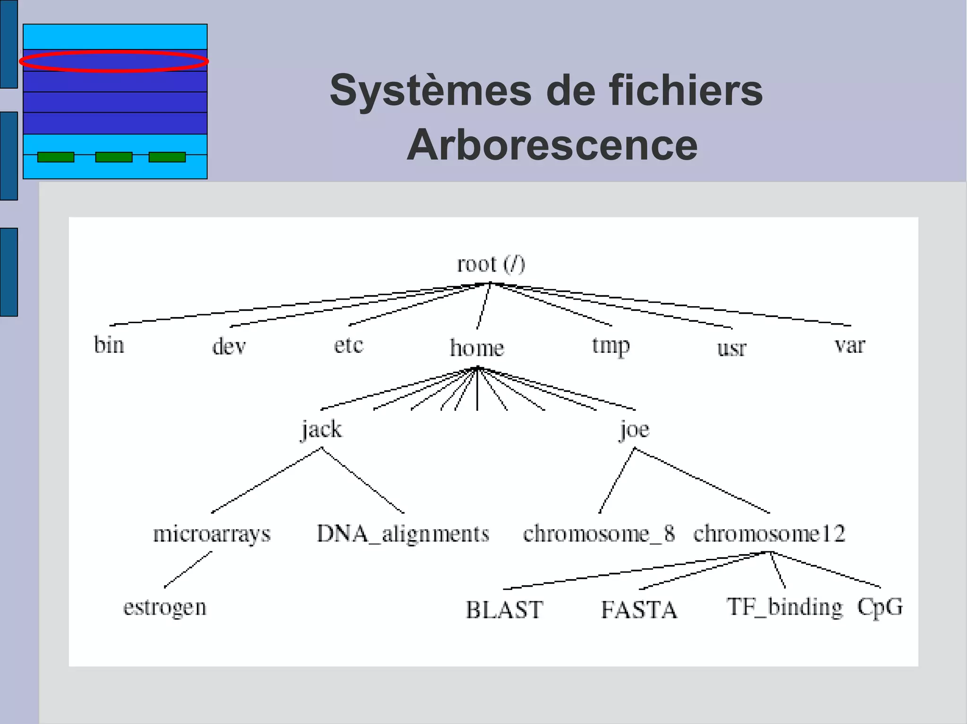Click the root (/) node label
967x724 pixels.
tap(491, 264)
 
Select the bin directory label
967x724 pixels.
tap(109, 345)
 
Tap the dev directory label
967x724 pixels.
tap(229, 347)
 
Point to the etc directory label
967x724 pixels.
tap(348, 345)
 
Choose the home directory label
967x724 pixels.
tap(477, 348)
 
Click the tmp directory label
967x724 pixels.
tap(611, 346)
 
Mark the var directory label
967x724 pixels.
tap(849, 345)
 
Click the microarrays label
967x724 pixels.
tap(212, 534)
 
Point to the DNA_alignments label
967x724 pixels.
tap(403, 534)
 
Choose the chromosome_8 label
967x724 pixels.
tap(599, 534)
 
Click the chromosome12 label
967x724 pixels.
tap(769, 534)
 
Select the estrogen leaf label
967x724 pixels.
tap(165, 607)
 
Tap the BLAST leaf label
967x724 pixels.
tap(504, 610)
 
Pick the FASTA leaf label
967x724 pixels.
tap(639, 610)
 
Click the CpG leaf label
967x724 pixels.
tap(880, 607)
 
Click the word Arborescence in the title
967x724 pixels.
tap(552, 145)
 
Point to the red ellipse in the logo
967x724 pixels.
tap(114, 61)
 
